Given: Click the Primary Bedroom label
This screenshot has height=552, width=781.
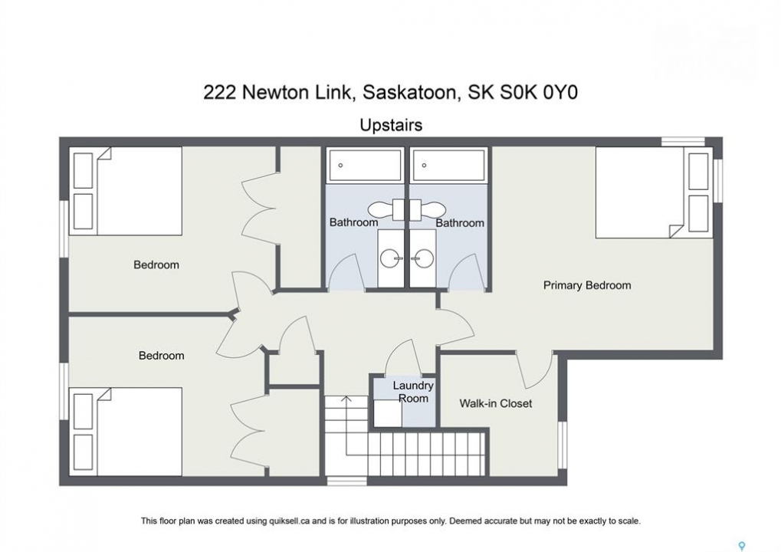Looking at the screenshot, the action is coord(587,285).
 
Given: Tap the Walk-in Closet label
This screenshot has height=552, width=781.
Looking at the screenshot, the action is coord(496,403).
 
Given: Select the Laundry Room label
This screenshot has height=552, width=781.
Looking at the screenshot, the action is coord(413,392).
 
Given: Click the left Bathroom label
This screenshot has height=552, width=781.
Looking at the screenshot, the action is coord(353,222).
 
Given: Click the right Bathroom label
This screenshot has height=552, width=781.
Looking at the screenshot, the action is coord(460,222).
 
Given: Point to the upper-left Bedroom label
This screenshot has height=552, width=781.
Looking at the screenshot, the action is coord(156,264).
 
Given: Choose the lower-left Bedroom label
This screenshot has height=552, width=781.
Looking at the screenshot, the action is coord(162,356).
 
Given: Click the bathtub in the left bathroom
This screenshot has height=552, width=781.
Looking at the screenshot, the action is coord(365,165).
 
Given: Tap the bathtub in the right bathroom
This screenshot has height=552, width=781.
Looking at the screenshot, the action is coord(448,165).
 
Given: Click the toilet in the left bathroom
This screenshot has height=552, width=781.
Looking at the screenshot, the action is coord(386,209).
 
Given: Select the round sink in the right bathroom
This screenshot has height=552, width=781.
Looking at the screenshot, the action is coord(424,258).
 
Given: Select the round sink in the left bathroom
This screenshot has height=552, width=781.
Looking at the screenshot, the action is coord(390,258).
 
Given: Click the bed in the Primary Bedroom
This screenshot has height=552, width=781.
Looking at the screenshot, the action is coord(652,192).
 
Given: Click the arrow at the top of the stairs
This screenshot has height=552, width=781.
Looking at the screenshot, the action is coord(346,399).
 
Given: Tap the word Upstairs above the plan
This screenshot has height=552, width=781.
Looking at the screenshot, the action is coord(391,125).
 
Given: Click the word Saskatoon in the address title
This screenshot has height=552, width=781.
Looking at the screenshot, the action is coord(409,93).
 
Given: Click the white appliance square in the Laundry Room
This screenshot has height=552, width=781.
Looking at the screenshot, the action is coord(388,412).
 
